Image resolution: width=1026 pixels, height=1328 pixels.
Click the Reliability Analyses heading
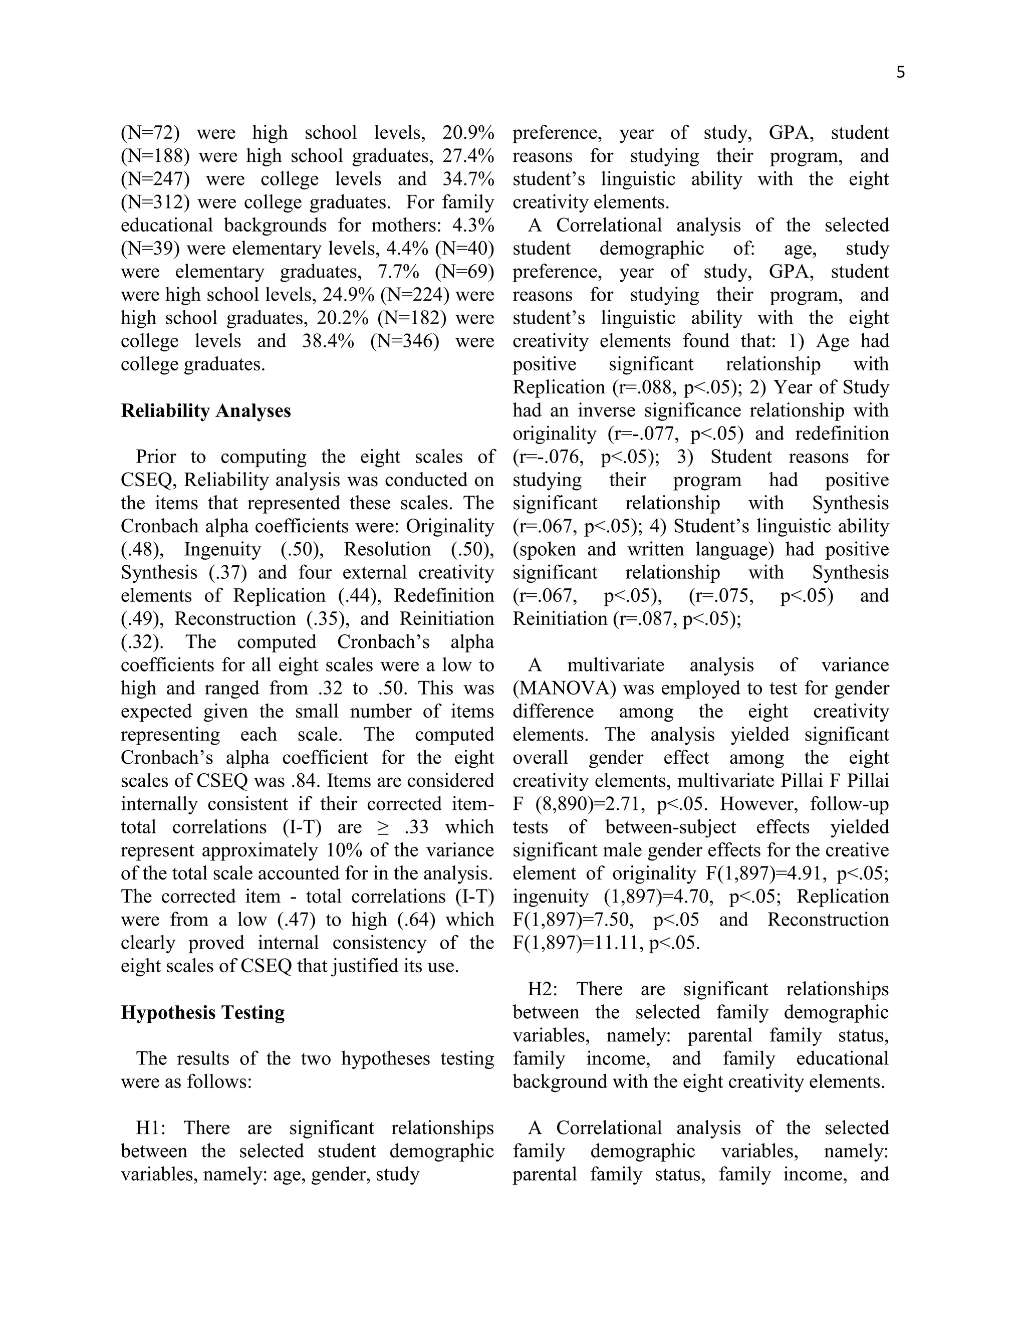pyautogui.click(x=205, y=411)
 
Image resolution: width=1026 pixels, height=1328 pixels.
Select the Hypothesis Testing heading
pyautogui.click(x=202, y=1012)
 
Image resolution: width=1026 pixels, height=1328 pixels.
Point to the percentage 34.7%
pyautogui.click(x=468, y=179)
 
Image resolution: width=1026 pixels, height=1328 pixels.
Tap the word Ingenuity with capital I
pyautogui.click(x=222, y=550)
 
